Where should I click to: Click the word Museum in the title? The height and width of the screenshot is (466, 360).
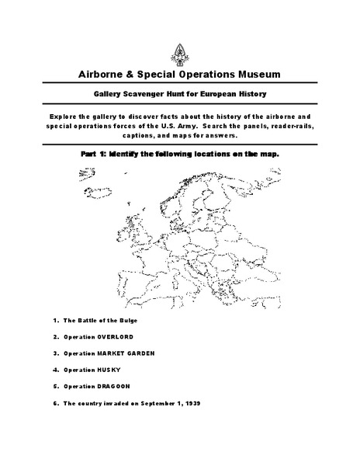tap(253, 74)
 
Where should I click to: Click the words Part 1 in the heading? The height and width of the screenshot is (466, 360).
tap(93, 153)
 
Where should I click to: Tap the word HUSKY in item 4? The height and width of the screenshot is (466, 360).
tap(111, 370)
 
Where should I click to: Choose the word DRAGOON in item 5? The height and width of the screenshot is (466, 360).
tap(117, 386)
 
